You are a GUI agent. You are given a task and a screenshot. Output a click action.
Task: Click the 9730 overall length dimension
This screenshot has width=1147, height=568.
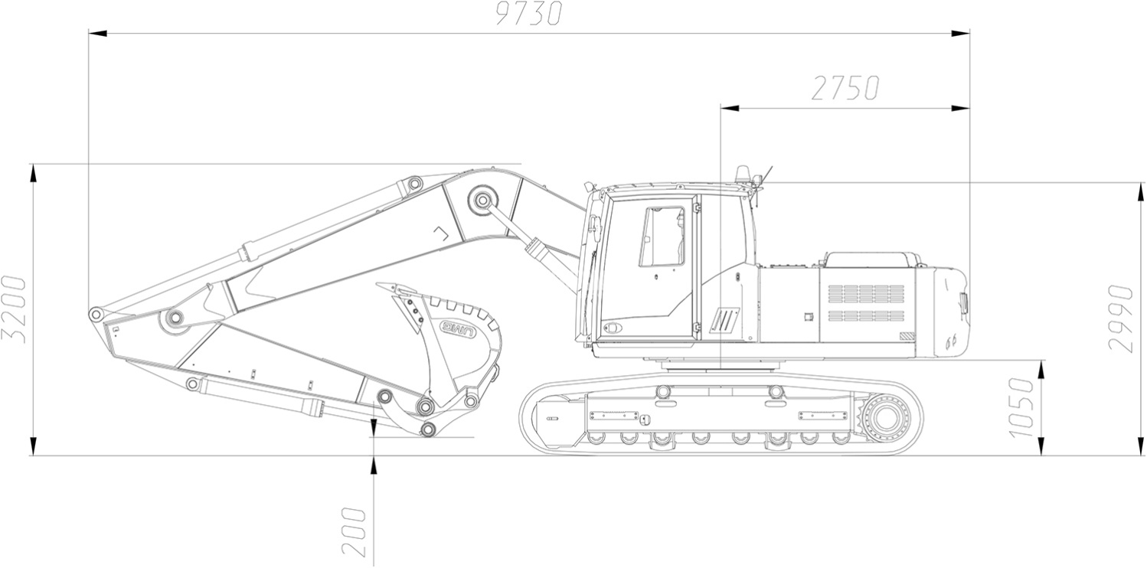pyautogui.click(x=529, y=14)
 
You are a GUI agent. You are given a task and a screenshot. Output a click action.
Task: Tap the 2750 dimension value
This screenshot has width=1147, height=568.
pyautogui.click(x=845, y=88)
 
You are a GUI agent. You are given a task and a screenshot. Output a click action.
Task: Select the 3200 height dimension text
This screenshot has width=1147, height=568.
pyautogui.click(x=14, y=309)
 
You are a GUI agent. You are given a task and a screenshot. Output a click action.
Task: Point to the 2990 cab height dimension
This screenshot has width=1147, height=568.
pyautogui.click(x=1120, y=318)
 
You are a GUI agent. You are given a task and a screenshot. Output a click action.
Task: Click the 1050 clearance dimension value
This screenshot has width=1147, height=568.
pyautogui.click(x=1021, y=408)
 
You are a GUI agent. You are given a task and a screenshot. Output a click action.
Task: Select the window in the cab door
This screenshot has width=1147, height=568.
pyautogui.click(x=662, y=237)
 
